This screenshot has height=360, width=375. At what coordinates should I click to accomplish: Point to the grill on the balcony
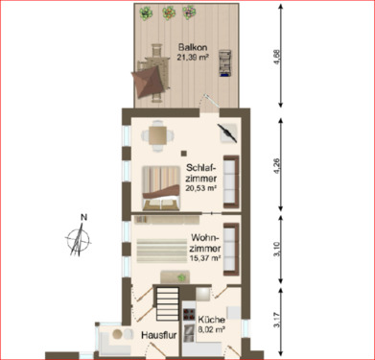pos(225,62)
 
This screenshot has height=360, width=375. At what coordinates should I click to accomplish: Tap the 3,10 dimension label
pos(278,253)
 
